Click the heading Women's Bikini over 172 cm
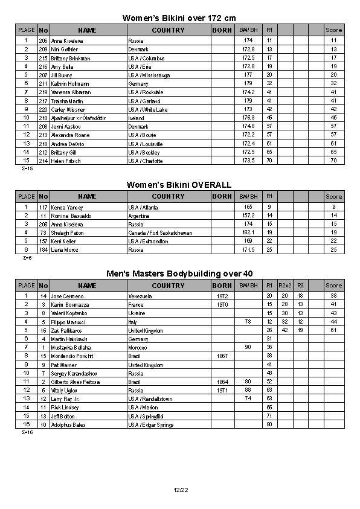179,18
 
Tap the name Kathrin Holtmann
70,83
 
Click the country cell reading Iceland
137,118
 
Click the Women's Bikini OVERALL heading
179,185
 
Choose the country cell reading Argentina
140,216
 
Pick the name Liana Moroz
65,249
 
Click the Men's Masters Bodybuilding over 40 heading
179,274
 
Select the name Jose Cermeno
67,296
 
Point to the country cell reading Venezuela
141,296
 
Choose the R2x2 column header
284,285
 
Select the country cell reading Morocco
138,347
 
